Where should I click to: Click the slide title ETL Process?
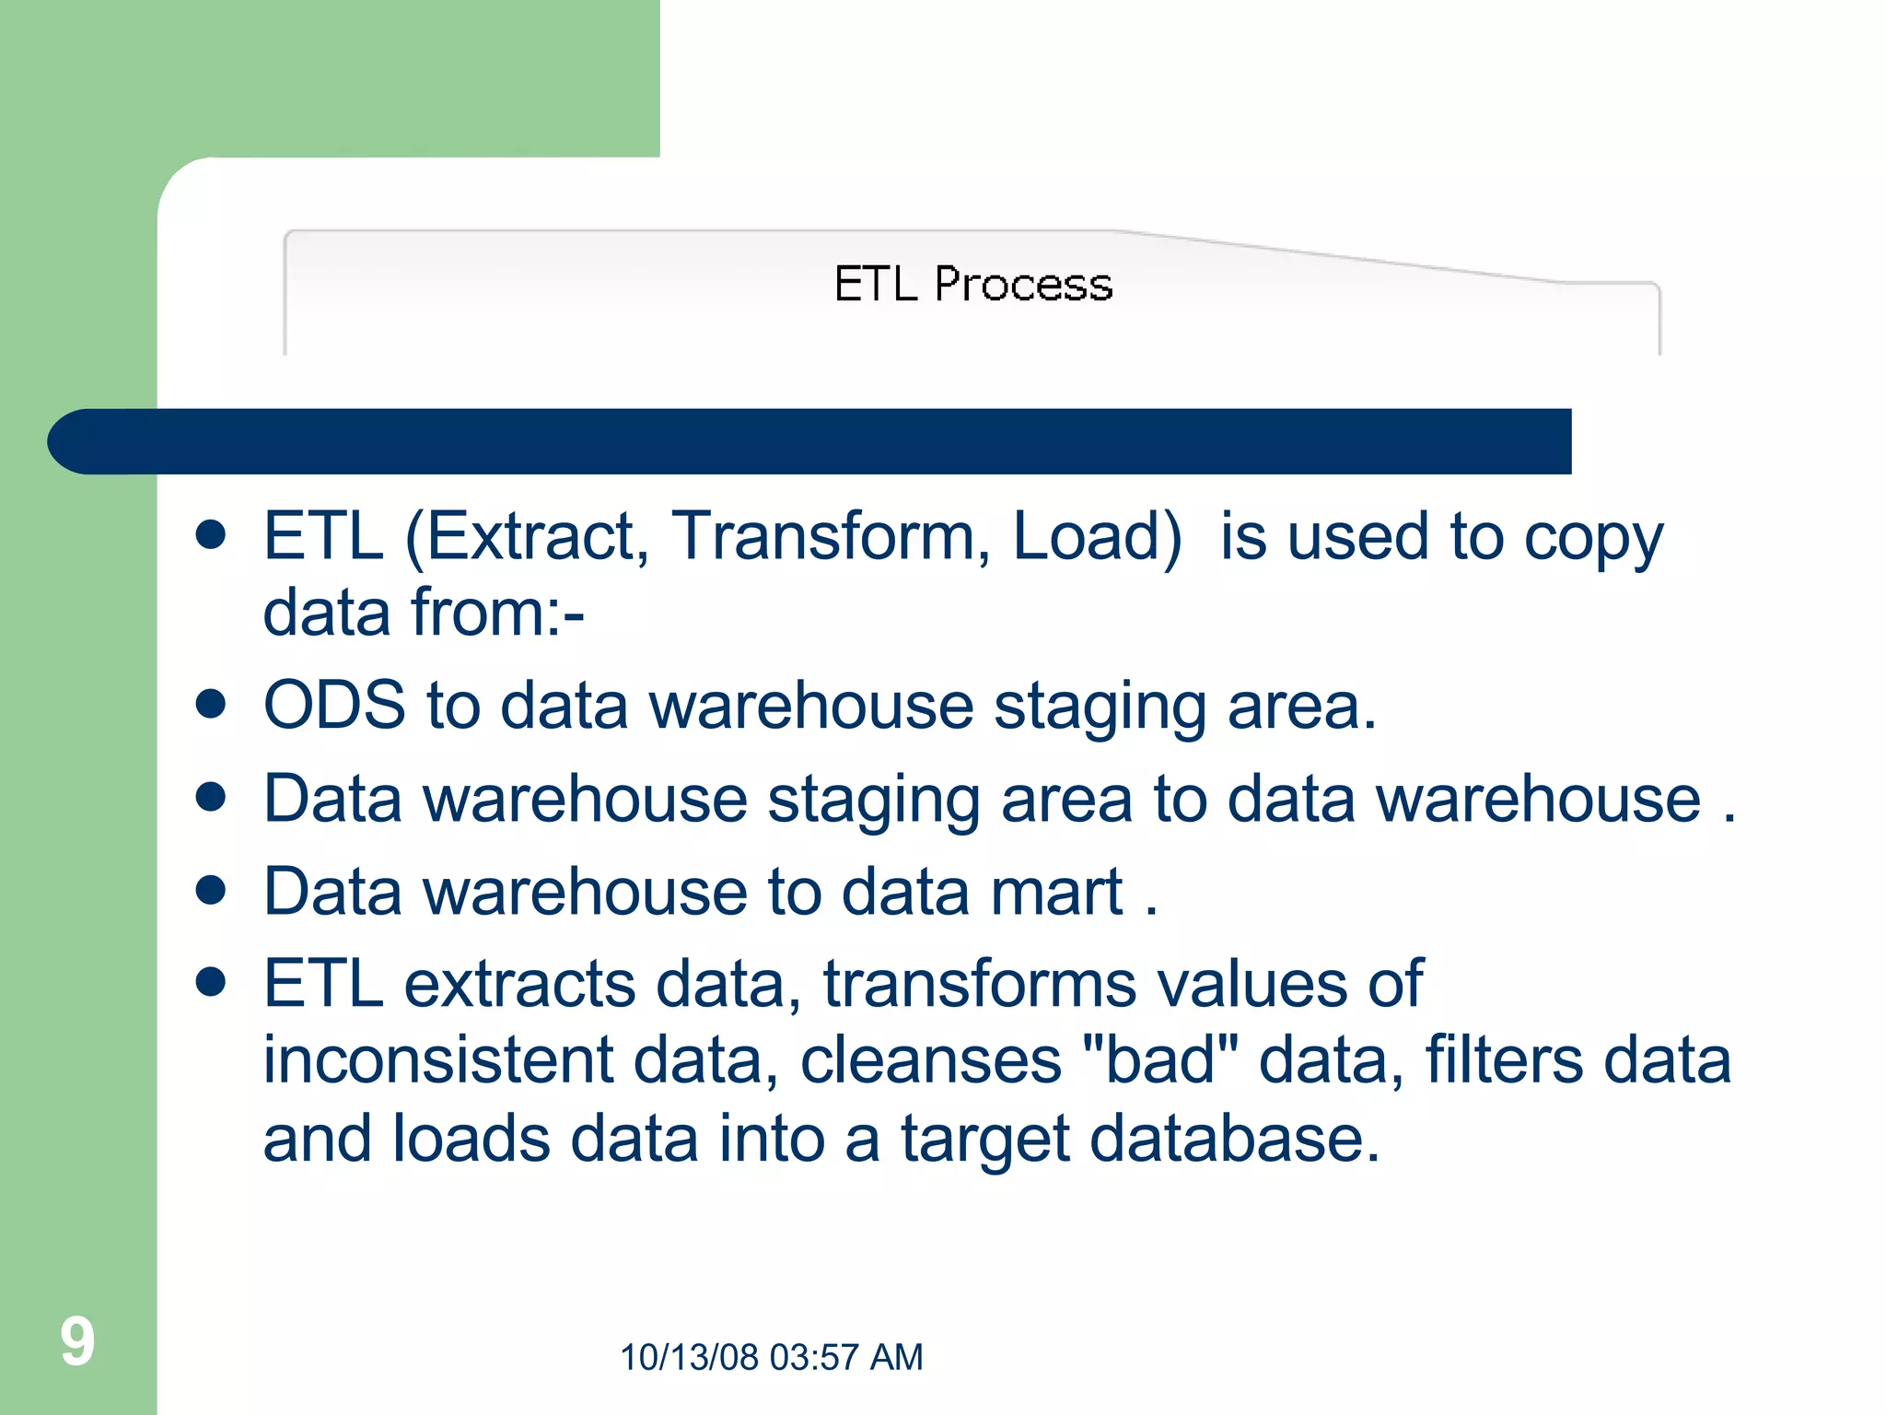click(x=972, y=284)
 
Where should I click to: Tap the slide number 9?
click(x=77, y=1341)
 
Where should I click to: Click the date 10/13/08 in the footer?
click(x=689, y=1357)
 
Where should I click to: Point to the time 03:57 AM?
click(x=845, y=1357)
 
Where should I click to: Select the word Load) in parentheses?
click(x=1096, y=536)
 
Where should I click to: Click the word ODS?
click(x=334, y=706)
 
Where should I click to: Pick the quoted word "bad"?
click(x=1160, y=1060)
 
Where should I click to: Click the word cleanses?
click(x=930, y=1060)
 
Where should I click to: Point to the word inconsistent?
click(x=437, y=1060)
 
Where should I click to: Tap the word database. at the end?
click(x=1234, y=1139)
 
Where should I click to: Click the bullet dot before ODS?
click(x=211, y=705)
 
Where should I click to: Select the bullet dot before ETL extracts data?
click(x=211, y=982)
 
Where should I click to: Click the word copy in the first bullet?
click(x=1593, y=538)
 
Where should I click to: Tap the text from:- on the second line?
click(x=497, y=613)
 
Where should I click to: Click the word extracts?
click(x=519, y=984)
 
